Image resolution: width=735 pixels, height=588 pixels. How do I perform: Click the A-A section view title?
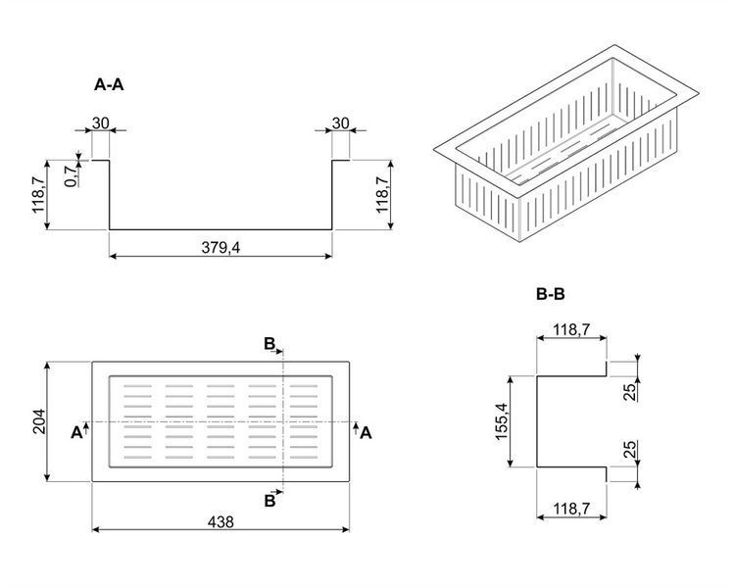click(x=109, y=85)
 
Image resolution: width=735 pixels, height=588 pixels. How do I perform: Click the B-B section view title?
click(x=551, y=294)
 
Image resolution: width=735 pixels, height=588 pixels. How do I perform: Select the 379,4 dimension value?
click(x=220, y=247)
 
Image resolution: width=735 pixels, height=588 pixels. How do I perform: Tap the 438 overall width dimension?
click(x=220, y=521)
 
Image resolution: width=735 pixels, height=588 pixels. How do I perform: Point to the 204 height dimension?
click(x=39, y=421)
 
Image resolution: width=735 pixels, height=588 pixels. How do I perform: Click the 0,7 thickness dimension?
click(x=71, y=176)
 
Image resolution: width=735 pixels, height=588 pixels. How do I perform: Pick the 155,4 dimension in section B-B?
click(x=502, y=421)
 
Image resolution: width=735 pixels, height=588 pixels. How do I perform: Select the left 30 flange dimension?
click(x=100, y=123)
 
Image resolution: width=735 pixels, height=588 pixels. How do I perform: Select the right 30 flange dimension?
click(x=341, y=123)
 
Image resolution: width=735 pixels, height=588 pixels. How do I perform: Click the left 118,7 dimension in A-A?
click(x=38, y=195)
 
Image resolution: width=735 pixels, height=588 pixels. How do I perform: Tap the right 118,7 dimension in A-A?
click(x=382, y=195)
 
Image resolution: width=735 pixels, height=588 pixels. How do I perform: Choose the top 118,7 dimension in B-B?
click(x=571, y=329)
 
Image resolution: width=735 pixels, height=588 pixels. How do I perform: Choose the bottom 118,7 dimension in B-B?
click(x=571, y=508)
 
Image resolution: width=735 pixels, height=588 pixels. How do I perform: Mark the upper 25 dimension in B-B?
click(x=631, y=392)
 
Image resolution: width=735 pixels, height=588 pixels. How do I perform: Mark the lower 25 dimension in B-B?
click(x=631, y=449)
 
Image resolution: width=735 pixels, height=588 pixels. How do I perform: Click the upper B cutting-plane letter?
click(x=269, y=344)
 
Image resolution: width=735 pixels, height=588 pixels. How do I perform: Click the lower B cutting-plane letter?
click(x=269, y=501)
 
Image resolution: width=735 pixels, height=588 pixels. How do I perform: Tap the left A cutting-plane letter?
click(x=76, y=433)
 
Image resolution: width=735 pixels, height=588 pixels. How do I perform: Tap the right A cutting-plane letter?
click(x=367, y=433)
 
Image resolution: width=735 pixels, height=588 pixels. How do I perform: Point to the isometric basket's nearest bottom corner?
click(x=520, y=242)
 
